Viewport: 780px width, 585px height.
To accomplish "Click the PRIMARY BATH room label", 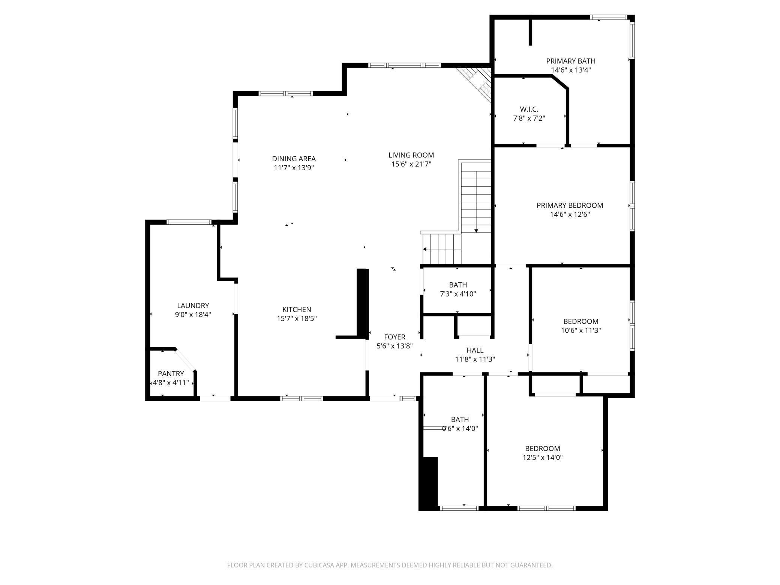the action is click(570, 61).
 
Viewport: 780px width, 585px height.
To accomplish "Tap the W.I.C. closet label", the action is click(529, 109).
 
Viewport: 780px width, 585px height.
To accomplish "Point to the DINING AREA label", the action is click(294, 159).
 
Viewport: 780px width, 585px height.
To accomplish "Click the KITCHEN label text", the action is click(297, 309).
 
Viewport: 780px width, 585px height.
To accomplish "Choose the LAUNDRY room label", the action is click(193, 306).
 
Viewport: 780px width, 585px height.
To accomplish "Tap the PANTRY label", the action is click(171, 373).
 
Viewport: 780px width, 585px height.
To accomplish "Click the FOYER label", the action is click(394, 337).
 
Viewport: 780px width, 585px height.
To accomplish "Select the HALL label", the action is click(475, 350).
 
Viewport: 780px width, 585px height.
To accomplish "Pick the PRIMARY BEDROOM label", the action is click(570, 205).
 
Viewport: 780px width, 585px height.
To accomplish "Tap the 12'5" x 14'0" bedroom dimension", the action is click(542, 457).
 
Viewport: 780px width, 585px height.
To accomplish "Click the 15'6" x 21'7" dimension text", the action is click(411, 164).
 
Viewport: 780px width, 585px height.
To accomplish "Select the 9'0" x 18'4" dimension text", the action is click(193, 315).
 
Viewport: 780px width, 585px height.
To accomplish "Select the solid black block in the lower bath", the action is click(429, 483).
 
